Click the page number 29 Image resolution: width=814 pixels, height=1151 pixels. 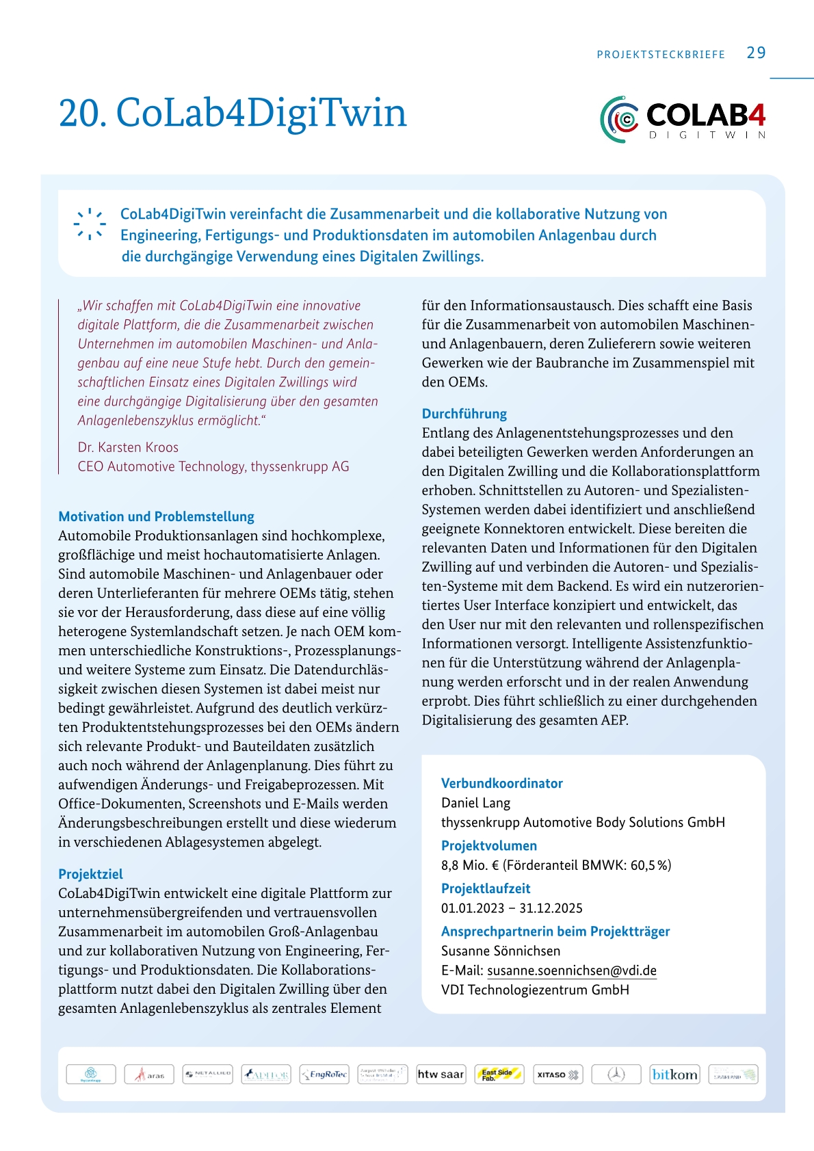pos(756,53)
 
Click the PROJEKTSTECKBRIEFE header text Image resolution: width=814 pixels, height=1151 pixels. pos(661,55)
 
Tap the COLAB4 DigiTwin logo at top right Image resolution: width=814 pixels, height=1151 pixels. pos(683,119)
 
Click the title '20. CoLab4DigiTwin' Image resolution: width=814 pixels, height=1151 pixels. pos(233,113)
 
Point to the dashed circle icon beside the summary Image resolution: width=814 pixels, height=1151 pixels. pos(90,224)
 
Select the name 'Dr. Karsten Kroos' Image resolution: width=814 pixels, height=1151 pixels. pos(128,447)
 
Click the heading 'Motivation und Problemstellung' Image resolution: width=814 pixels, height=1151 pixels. pos(156,516)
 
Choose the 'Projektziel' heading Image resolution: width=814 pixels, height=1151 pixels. pos(90,874)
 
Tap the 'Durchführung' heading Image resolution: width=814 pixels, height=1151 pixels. pos(464,414)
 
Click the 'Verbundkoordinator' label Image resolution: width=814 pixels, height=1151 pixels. pos(501,783)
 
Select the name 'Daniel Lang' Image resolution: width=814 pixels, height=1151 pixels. pos(475,803)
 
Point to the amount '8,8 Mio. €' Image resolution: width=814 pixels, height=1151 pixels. pos(470,865)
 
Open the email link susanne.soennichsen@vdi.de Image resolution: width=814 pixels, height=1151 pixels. pos(571,970)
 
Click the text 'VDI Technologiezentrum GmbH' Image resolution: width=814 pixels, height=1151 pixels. pos(535,990)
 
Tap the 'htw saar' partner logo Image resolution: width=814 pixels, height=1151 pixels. pos(441,1074)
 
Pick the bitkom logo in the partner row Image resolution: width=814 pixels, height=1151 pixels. pos(674,1074)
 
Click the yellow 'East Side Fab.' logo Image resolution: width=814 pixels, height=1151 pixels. pos(499,1074)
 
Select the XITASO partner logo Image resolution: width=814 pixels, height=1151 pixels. pos(557,1074)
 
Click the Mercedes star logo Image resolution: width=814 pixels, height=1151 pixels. pos(616,1074)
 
